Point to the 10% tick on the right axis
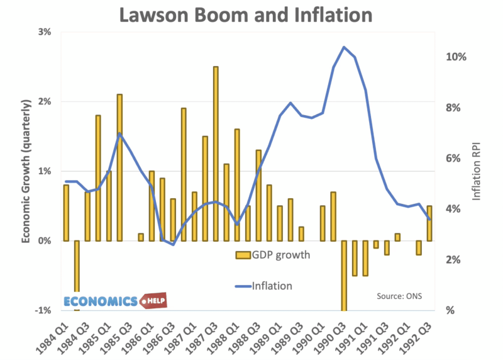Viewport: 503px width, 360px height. [x=456, y=57]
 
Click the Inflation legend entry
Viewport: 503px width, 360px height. [x=272, y=285]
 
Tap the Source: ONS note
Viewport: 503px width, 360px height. [x=399, y=295]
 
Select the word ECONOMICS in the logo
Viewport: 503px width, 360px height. [x=101, y=301]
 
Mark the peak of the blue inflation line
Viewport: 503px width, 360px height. [x=344, y=47]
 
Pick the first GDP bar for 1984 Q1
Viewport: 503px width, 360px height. [x=66, y=213]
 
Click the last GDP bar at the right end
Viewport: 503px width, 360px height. [x=429, y=223]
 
